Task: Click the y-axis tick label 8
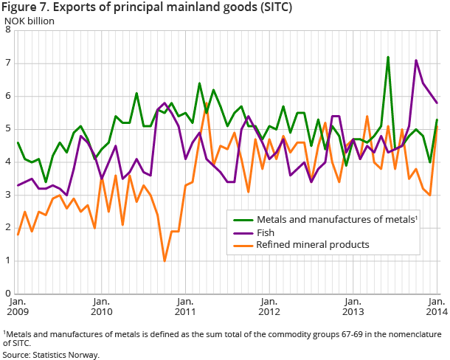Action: click(7, 30)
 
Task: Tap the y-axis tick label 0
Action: click(7, 294)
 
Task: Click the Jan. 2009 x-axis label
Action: click(19, 306)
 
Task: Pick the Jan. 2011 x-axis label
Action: click(186, 306)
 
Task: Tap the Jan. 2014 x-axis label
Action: click(436, 306)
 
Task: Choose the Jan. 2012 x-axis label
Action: click(270, 306)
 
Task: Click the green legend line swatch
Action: click(240, 220)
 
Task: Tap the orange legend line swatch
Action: click(240, 245)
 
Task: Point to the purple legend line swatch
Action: click(240, 232)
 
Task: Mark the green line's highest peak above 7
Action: click(388, 57)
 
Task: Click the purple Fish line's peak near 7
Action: click(416, 60)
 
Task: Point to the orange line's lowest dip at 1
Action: click(165, 260)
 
